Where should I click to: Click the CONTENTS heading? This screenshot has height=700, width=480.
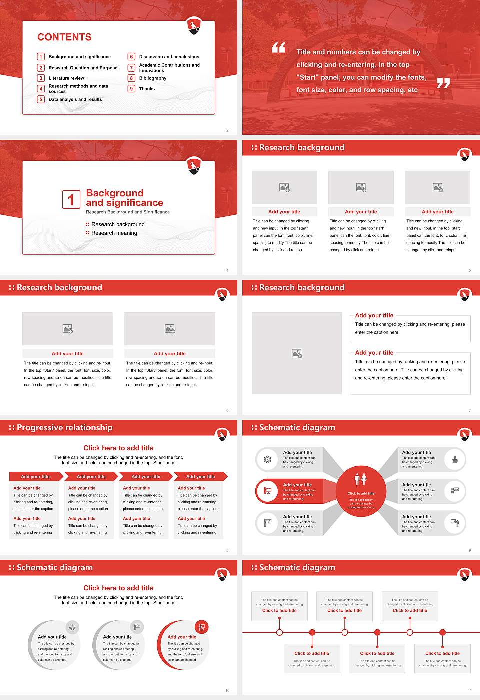tap(64, 37)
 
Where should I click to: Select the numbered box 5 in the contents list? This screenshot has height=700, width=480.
tap(41, 99)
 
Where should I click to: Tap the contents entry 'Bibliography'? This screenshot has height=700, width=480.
tap(152, 78)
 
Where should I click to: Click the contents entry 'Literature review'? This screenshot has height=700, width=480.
tap(66, 78)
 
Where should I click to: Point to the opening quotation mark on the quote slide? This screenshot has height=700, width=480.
tap(278, 48)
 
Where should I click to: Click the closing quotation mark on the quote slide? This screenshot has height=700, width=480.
tap(443, 83)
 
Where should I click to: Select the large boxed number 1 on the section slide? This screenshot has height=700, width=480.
tap(71, 199)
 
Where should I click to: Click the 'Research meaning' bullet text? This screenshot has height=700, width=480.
tap(114, 233)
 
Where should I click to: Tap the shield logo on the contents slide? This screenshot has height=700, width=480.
tap(194, 26)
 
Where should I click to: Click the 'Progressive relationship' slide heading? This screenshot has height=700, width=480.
tap(64, 427)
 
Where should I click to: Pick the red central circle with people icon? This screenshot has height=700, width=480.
tap(361, 492)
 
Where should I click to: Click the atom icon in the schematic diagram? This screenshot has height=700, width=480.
tap(267, 459)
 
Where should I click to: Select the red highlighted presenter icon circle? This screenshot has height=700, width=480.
tap(267, 491)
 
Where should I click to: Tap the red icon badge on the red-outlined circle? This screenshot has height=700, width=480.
tap(202, 627)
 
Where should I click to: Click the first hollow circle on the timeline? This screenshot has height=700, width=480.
tap(279, 632)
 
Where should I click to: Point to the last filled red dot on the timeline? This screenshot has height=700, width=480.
tap(442, 632)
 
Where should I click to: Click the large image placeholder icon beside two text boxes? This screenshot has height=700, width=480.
tap(297, 353)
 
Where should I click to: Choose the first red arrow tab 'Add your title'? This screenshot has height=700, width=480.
tap(35, 476)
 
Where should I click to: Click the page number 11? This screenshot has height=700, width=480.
tap(469, 690)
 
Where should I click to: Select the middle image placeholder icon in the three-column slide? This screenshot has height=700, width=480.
tap(361, 187)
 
